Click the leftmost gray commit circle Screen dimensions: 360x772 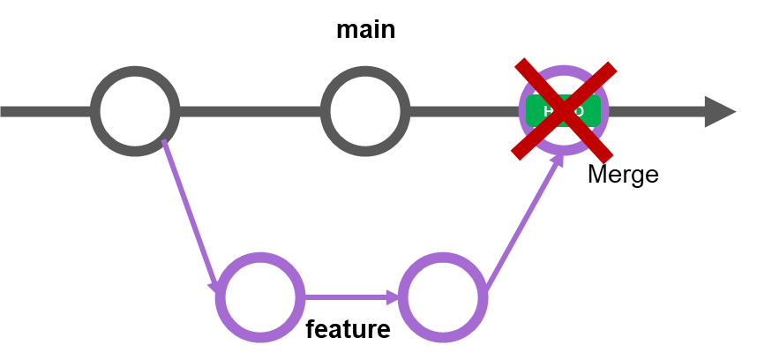coord(135,111)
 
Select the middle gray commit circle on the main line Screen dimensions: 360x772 coord(365,111)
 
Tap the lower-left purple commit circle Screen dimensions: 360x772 coord(260,297)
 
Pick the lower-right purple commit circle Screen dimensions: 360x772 coord(443,297)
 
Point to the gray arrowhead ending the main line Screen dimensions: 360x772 coord(718,111)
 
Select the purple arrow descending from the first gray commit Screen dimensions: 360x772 coord(189,213)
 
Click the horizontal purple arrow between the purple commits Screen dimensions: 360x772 coord(349,297)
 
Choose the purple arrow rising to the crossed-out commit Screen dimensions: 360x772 coord(521,226)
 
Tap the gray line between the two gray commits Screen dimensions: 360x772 coord(250,111)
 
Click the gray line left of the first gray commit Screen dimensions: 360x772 coord(44,111)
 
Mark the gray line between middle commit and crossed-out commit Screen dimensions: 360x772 coord(463,111)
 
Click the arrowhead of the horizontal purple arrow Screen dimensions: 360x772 coord(393,297)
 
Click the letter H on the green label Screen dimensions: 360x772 coord(548,111)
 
